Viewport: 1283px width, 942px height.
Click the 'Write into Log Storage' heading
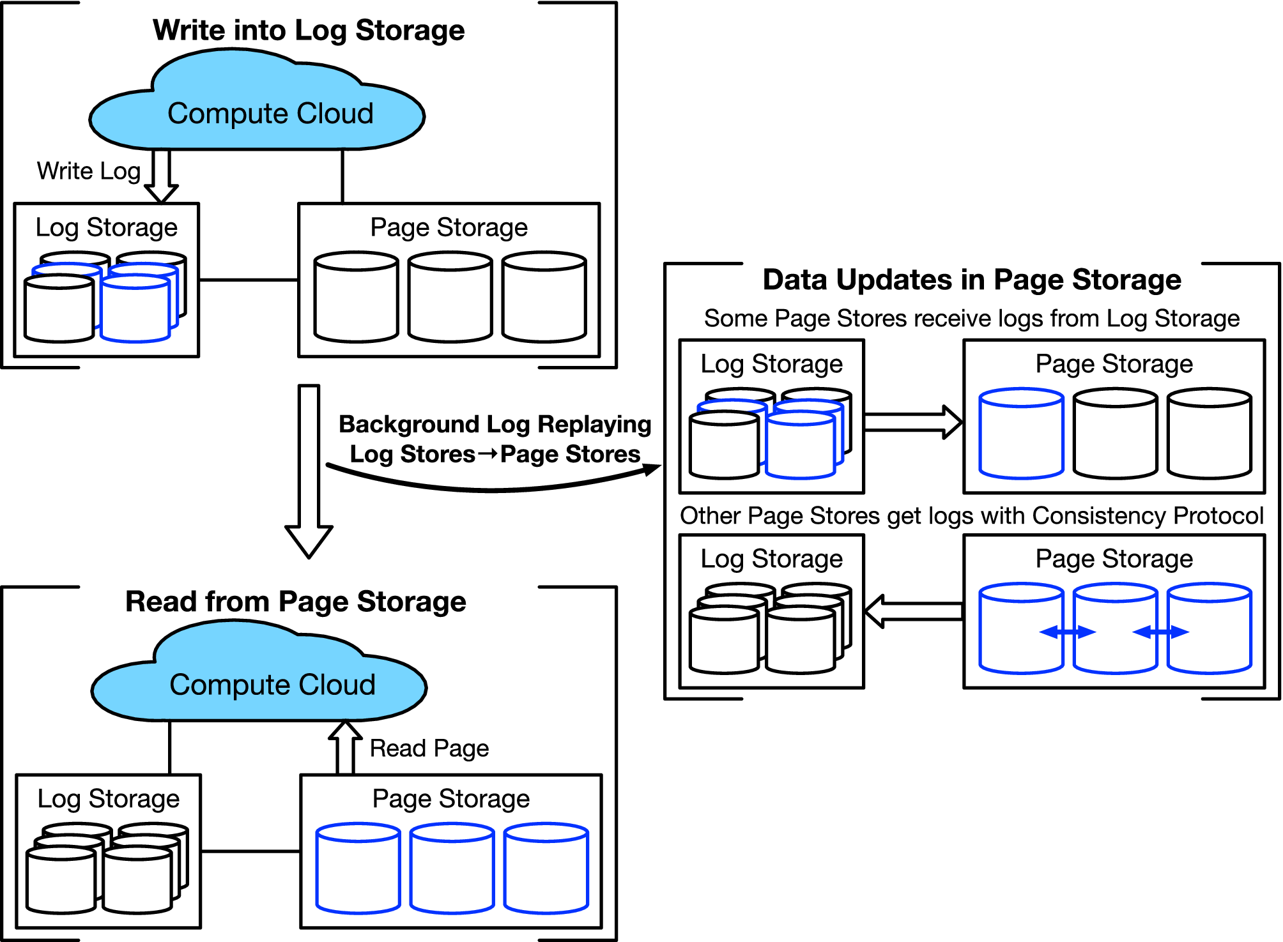tap(309, 30)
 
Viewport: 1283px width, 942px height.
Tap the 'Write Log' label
tap(88, 171)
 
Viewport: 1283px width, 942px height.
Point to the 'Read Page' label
tap(429, 748)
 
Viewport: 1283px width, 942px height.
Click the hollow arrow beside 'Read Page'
tap(345, 747)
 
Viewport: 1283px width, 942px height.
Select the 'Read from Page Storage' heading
tap(295, 602)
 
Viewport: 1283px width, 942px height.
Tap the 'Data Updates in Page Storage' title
tap(971, 280)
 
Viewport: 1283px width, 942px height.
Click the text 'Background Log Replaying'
tap(495, 424)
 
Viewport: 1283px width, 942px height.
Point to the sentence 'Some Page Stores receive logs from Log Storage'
tap(971, 318)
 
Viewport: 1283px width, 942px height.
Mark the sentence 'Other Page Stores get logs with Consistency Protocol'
tap(971, 515)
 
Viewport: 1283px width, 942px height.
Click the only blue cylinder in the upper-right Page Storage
tap(1021, 434)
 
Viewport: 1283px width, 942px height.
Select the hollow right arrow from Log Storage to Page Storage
tap(912, 422)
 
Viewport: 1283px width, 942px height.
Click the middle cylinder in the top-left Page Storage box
tap(450, 298)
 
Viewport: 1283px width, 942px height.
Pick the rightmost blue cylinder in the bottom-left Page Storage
tap(546, 869)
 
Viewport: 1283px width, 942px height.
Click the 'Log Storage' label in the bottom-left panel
tap(109, 799)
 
